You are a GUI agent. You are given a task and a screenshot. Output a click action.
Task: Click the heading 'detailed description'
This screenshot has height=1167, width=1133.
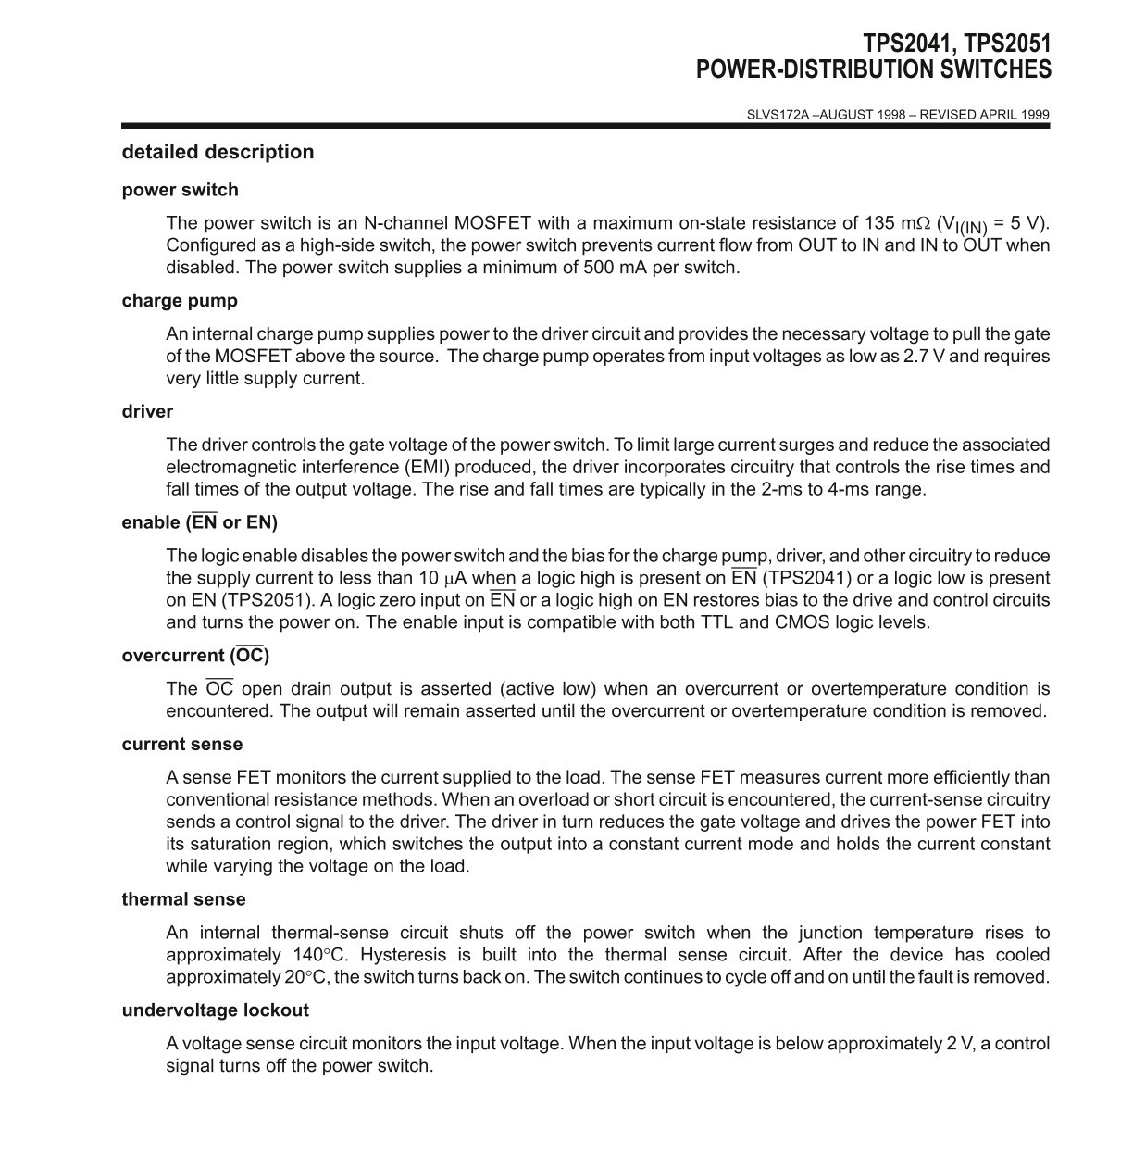[x=218, y=152]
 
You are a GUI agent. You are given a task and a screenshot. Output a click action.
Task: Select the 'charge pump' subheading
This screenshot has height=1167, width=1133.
[x=180, y=301]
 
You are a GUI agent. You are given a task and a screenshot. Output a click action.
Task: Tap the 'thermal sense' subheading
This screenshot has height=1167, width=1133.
[x=183, y=899]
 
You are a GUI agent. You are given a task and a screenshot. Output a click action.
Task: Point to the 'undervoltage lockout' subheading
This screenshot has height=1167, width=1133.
[x=215, y=1010]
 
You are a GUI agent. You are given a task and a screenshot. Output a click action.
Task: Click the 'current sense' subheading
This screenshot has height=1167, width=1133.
[x=181, y=745]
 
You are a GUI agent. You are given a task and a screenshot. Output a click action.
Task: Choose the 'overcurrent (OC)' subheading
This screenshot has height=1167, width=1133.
[x=195, y=656]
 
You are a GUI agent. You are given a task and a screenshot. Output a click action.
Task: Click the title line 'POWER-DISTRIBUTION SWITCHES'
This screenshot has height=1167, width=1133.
[x=873, y=69]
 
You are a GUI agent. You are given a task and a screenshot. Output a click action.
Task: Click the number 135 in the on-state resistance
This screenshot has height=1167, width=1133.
[x=879, y=223]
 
